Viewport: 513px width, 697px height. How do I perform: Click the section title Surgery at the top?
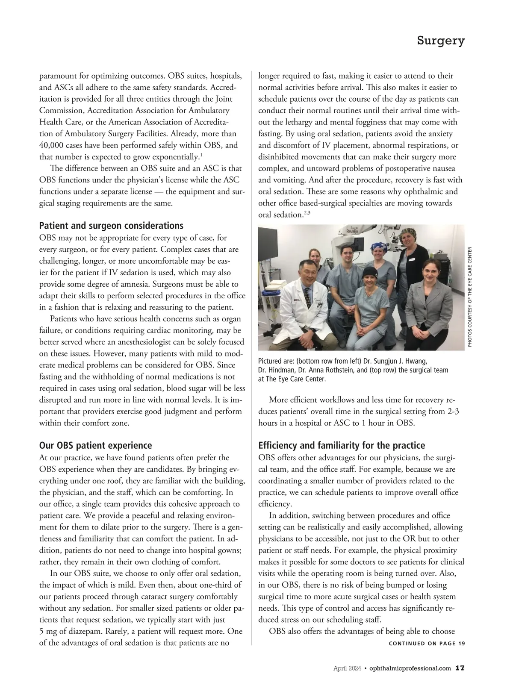tap(440, 41)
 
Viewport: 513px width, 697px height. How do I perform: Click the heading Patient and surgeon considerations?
tap(111, 226)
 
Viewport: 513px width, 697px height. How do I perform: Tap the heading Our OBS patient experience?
tap(95, 446)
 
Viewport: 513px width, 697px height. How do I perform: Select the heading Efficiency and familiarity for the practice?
tap(342, 446)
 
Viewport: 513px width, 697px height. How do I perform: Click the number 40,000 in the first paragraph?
tap(51, 145)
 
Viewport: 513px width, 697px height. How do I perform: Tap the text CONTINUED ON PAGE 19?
tap(427, 644)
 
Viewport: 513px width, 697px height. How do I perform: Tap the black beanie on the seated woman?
tap(369, 272)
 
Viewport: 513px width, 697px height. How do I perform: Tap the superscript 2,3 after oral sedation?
tap(307, 212)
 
